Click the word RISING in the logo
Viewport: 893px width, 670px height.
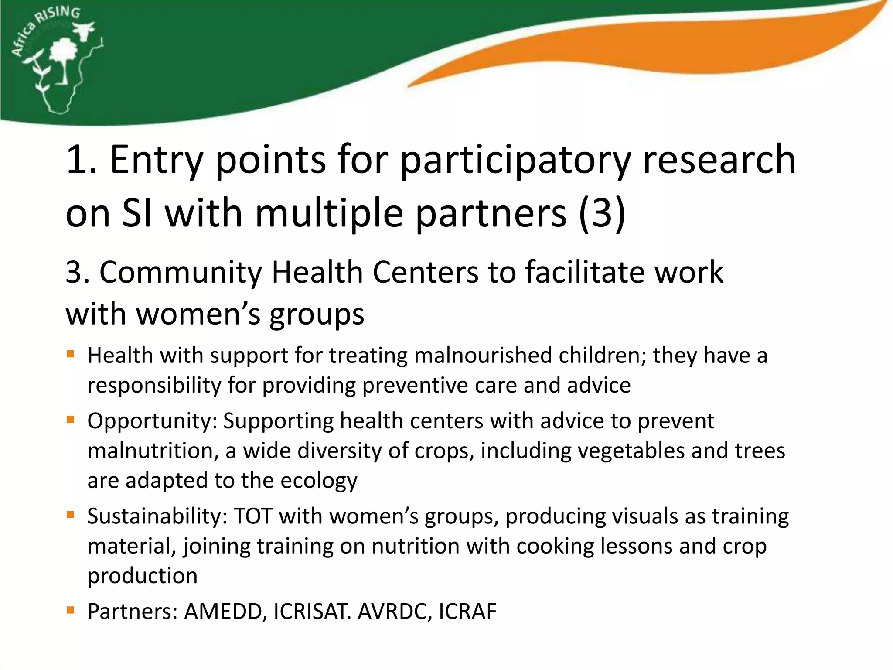[x=59, y=15]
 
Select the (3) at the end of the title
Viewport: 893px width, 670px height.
[x=602, y=213]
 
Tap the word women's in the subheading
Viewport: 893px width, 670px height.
[x=198, y=314]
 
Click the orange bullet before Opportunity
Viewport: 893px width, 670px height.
[x=71, y=420]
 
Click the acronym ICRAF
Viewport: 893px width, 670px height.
[x=467, y=612]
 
